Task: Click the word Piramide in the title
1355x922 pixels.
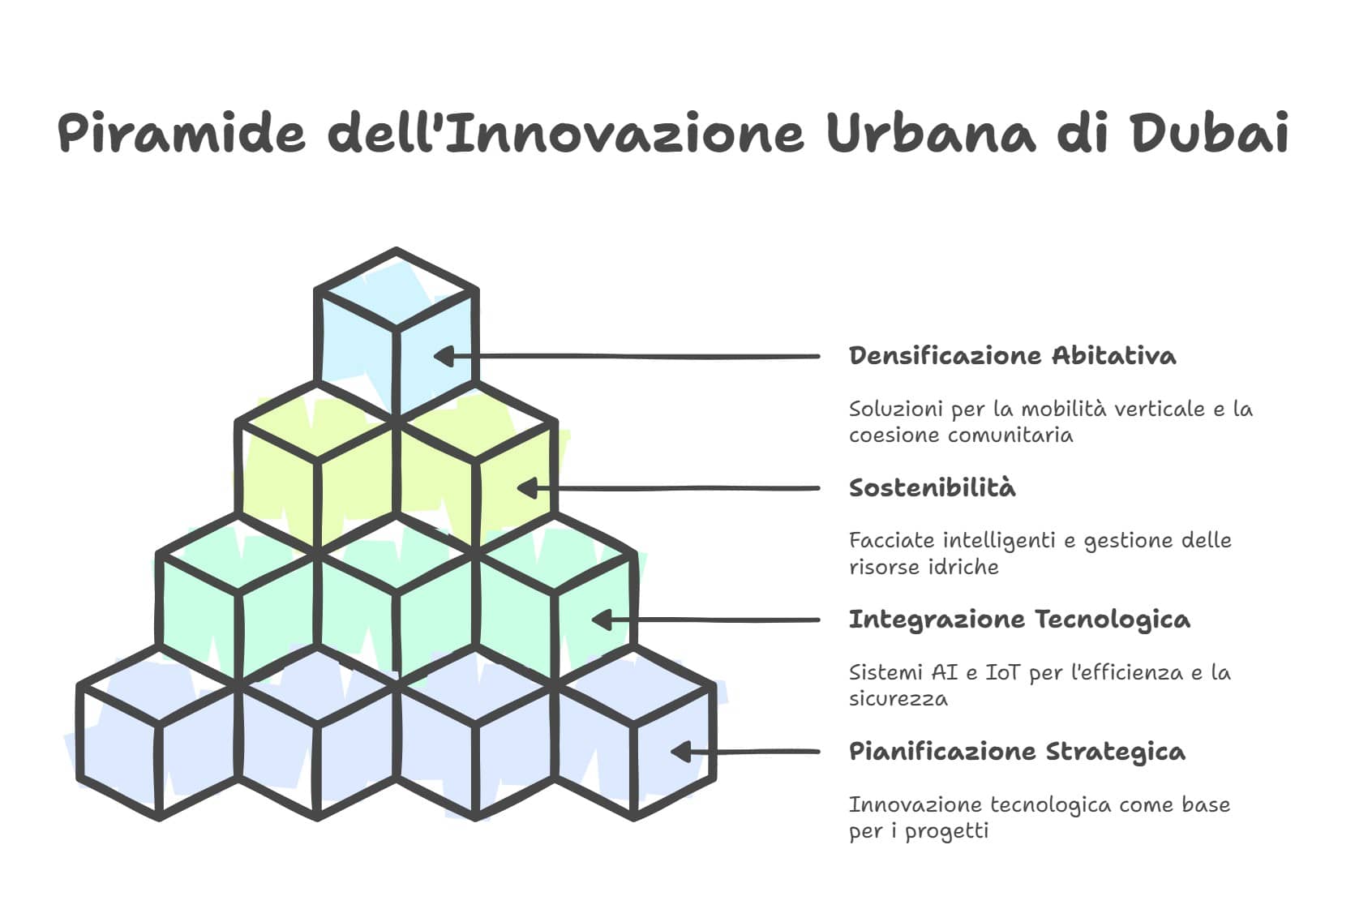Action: point(182,132)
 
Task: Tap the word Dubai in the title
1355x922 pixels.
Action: point(1211,132)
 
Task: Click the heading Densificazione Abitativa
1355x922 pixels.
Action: point(1013,356)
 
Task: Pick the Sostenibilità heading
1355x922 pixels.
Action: point(933,487)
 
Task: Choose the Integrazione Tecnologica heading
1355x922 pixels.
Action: point(1019,620)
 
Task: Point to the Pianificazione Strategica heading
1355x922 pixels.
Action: point(1017,752)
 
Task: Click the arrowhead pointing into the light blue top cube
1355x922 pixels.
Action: point(444,356)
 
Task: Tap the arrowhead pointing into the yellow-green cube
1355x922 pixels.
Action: point(527,487)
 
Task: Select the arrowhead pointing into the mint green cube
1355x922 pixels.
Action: point(602,620)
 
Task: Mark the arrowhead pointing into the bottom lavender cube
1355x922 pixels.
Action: point(682,752)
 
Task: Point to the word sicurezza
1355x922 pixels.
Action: point(898,699)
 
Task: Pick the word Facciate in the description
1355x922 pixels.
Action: point(892,540)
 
